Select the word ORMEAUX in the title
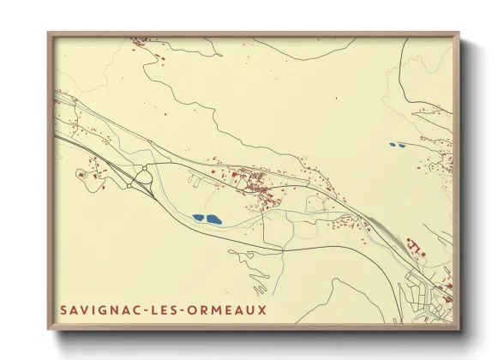click(x=228, y=309)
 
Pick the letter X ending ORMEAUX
click(x=262, y=309)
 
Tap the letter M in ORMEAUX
click(x=218, y=309)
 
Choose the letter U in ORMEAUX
click(x=251, y=309)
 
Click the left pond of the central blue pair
click(x=199, y=218)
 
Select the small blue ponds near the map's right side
click(x=396, y=144)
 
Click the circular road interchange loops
click(x=142, y=178)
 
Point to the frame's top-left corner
click(x=49, y=34)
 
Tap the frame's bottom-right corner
click(x=459, y=328)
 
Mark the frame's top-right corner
click(x=459, y=34)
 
